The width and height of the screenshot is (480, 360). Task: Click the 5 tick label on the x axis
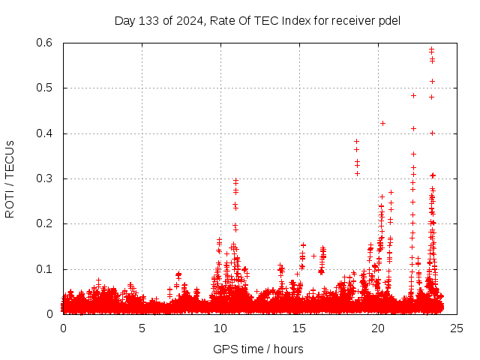pyautogui.click(x=142, y=328)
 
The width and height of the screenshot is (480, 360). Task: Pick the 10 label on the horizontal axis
pyautogui.click(x=220, y=328)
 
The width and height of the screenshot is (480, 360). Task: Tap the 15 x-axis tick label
pyautogui.click(x=299, y=328)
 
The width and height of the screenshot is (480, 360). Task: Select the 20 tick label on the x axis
pyautogui.click(x=378, y=328)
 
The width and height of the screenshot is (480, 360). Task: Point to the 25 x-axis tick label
pyautogui.click(x=457, y=328)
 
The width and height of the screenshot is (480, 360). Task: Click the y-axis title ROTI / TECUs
pyautogui.click(x=10, y=178)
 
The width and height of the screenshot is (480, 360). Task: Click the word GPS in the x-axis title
pyautogui.click(x=224, y=349)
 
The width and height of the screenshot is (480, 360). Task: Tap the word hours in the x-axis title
pyautogui.click(x=288, y=349)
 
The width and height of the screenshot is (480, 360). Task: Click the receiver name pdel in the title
pyautogui.click(x=388, y=20)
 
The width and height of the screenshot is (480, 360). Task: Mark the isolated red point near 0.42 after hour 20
pyautogui.click(x=382, y=123)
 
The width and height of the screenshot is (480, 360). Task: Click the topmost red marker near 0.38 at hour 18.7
pyautogui.click(x=357, y=141)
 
